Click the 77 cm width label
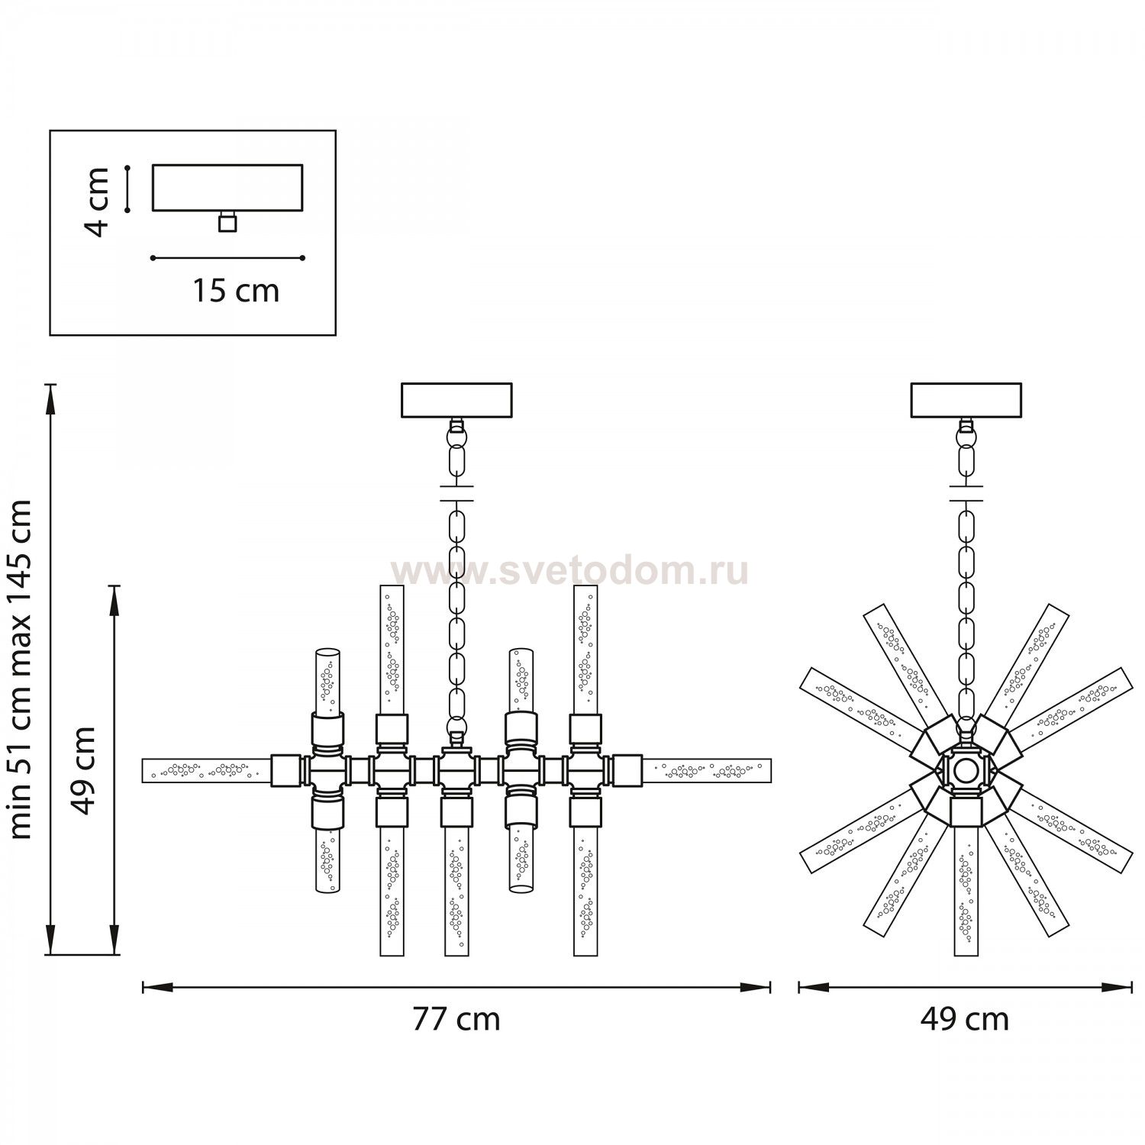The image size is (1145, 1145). (x=456, y=1019)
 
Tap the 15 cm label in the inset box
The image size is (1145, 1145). (x=234, y=290)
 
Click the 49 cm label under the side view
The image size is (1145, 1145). (x=964, y=1019)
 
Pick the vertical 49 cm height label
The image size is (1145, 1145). (x=83, y=770)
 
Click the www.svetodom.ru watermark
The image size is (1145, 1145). (x=569, y=572)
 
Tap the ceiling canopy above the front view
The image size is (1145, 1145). (x=456, y=400)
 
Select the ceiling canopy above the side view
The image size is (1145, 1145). (x=966, y=400)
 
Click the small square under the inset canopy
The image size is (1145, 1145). (x=227, y=222)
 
